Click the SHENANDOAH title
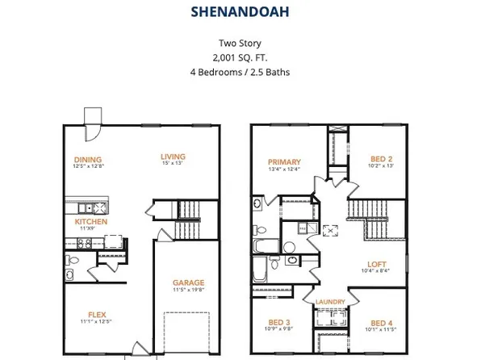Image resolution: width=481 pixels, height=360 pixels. (240, 12)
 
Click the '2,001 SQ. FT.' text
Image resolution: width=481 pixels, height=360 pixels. (240, 57)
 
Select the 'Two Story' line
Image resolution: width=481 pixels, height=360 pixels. (240, 44)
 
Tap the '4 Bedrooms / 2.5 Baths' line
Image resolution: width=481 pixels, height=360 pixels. (240, 71)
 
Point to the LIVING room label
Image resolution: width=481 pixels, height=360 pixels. (173, 157)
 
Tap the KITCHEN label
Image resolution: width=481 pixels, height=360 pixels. (91, 221)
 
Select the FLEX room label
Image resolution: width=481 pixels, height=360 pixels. (97, 315)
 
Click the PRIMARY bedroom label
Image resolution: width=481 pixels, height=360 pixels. (284, 161)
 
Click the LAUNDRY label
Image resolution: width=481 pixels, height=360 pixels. (331, 303)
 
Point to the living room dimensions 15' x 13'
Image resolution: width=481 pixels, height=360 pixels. (173, 165)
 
